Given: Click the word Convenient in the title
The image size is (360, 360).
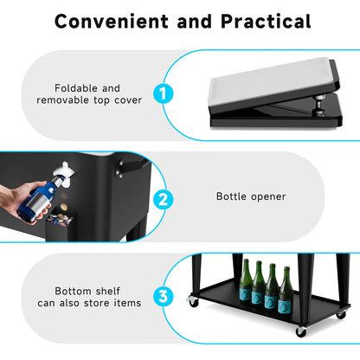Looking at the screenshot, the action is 112,21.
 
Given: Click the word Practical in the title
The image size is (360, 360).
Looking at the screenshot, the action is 266,21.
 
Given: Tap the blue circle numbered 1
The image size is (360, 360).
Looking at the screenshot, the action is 164,93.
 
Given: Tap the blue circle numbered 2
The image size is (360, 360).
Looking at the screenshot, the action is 164,199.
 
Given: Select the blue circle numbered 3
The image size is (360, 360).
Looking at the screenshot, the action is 164,296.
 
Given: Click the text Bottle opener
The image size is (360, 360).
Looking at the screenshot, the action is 251,196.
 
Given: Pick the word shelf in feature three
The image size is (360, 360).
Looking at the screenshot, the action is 107,291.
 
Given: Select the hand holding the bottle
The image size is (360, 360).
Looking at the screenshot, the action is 22,202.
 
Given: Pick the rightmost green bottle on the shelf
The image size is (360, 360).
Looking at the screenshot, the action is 286,290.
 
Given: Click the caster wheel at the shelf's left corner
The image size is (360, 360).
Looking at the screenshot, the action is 193,301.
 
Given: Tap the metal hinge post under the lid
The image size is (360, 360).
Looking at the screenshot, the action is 319,105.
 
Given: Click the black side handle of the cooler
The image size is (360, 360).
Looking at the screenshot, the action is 132,166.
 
